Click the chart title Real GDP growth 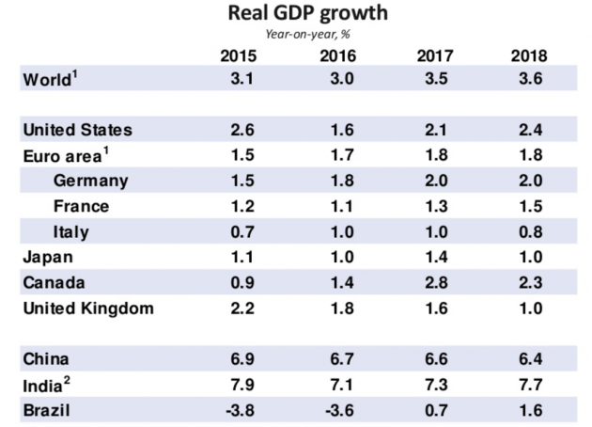tap(295, 14)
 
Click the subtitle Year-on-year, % tap(295, 35)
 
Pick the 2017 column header tap(433, 56)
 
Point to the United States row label tap(76, 129)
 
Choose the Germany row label tap(91, 180)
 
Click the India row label tap(45, 384)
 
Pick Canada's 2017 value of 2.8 tap(432, 282)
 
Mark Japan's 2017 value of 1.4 tap(432, 257)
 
